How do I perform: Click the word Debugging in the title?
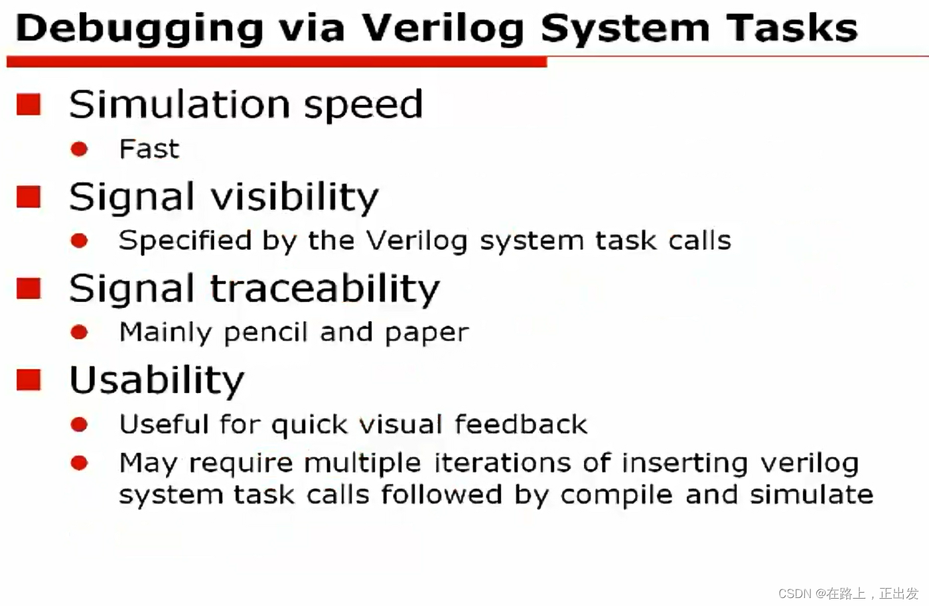tap(139, 29)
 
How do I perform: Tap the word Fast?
tap(149, 149)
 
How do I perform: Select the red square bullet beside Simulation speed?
tap(29, 104)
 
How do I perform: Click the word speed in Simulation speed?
tap(363, 105)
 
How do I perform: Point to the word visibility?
tap(295, 197)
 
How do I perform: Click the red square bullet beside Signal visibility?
tap(29, 196)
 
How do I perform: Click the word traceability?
tap(324, 289)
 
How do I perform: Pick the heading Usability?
tap(157, 380)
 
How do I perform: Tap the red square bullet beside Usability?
tap(29, 380)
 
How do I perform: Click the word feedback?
tap(521, 424)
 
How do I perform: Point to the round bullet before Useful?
tap(79, 424)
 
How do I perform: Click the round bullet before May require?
tap(79, 463)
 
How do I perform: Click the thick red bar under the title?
tap(276, 62)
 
